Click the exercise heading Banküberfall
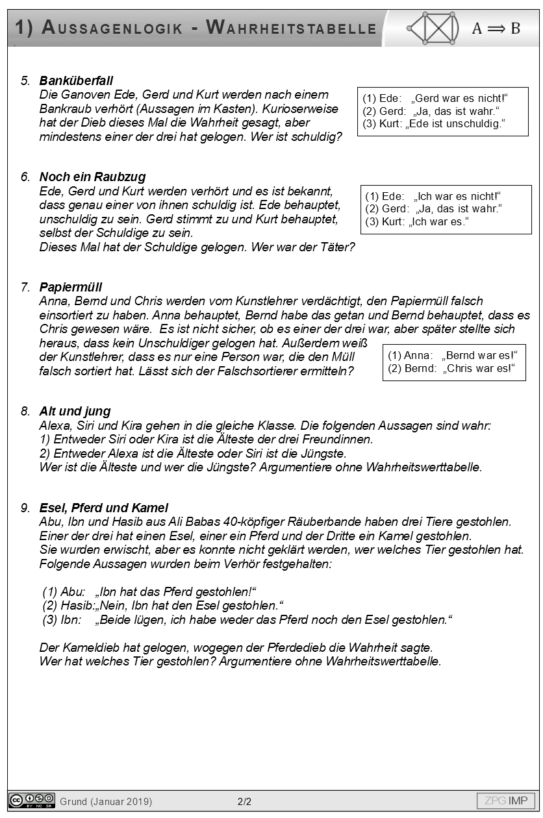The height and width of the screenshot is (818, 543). pyautogui.click(x=76, y=81)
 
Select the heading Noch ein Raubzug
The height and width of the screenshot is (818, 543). pyautogui.click(x=92, y=177)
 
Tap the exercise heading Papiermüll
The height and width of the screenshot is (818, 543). pyautogui.click(x=71, y=287)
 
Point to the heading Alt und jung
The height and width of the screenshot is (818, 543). pyautogui.click(x=75, y=411)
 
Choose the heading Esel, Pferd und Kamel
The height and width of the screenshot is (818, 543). pyautogui.click(x=103, y=508)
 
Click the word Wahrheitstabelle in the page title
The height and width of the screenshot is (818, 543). pyautogui.click(x=291, y=28)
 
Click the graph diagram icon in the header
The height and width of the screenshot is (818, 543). pyautogui.click(x=432, y=28)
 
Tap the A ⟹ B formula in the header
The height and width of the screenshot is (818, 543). pyautogui.click(x=496, y=28)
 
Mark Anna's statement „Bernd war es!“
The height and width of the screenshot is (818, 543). pyautogui.click(x=479, y=355)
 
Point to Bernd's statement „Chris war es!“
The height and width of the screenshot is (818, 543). pyautogui.click(x=479, y=369)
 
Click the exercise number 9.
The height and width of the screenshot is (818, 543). pyautogui.click(x=25, y=508)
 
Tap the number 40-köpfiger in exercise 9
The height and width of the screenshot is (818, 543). pyautogui.click(x=319, y=522)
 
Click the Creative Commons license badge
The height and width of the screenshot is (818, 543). pyautogui.click(x=31, y=800)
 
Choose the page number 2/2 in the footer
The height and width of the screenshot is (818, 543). pyautogui.click(x=244, y=802)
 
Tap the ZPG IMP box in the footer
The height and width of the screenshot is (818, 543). pyautogui.click(x=506, y=800)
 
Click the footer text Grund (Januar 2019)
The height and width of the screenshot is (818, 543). pyautogui.click(x=106, y=802)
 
